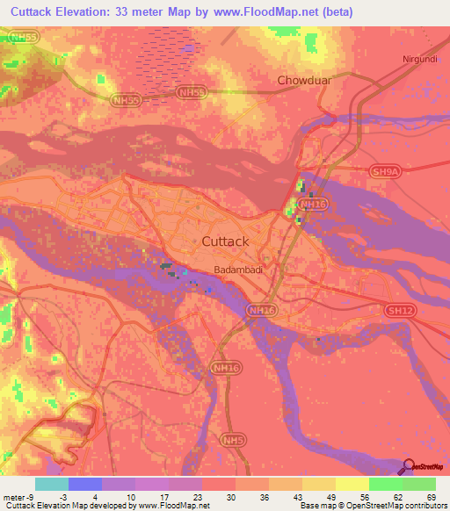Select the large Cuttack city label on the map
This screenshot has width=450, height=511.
point(226,241)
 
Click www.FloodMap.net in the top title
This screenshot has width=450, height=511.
point(280,11)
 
